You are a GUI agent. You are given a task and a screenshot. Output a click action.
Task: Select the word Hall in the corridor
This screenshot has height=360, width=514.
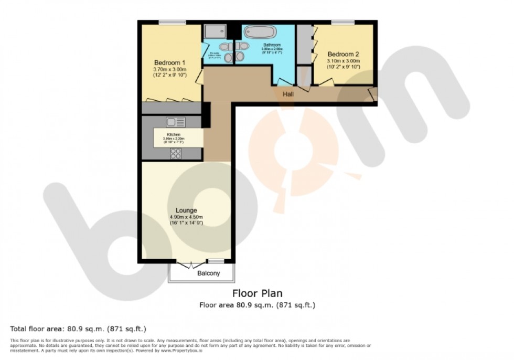pos(288,94)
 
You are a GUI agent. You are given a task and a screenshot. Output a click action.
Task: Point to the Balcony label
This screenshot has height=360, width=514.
pos(208,274)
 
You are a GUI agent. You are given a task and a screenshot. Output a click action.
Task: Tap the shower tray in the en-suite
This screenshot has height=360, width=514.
pos(215,31)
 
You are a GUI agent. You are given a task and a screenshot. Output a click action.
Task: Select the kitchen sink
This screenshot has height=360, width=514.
pos(176,122)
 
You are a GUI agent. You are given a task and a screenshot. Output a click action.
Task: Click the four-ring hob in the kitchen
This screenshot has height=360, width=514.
pos(176,153)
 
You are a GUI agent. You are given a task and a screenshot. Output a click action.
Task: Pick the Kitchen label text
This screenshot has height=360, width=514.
pos(174,134)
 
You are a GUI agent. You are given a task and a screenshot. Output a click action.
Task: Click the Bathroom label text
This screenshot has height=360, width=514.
pos(272,45)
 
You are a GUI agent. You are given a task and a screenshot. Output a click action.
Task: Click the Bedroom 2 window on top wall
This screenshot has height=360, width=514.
pos(342,22)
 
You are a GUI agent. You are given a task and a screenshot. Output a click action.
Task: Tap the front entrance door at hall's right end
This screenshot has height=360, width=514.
pos(372,94)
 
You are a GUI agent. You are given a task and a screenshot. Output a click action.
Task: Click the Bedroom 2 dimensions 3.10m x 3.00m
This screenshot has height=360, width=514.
pos(343,61)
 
